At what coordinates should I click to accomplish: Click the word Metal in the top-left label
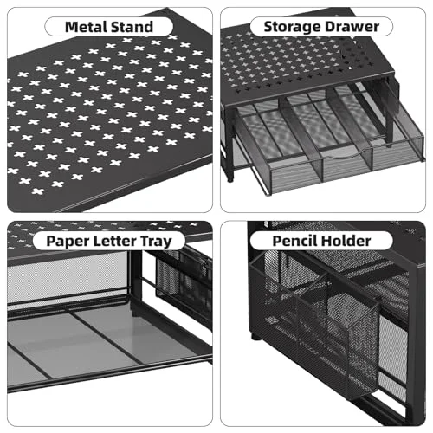[x=87, y=27]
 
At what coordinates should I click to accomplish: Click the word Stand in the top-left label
[x=132, y=27]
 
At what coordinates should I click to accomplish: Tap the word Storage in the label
[x=290, y=27]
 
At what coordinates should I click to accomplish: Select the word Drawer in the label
[x=350, y=27]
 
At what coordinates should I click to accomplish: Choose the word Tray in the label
[x=156, y=242]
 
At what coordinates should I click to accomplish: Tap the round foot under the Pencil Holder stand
[x=255, y=336]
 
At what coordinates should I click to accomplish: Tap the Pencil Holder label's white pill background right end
[x=391, y=241]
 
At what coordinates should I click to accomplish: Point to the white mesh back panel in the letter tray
[x=67, y=275]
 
